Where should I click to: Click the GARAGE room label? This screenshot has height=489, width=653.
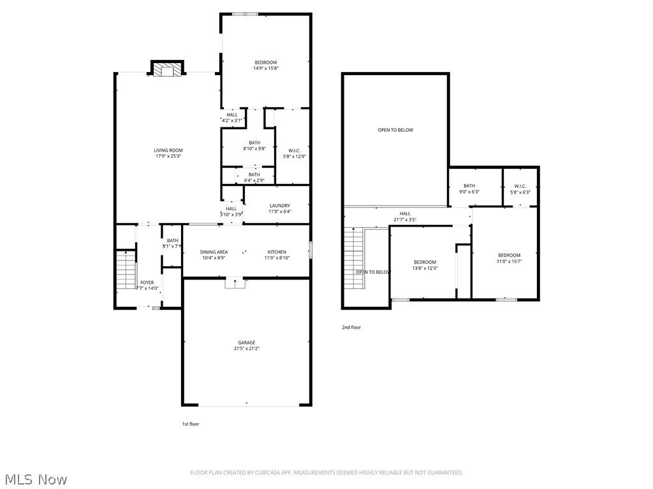(246, 343)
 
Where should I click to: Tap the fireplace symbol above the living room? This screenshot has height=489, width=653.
(167, 69)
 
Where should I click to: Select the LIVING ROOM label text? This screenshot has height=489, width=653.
(168, 150)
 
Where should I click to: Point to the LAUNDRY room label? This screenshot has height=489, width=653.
(280, 206)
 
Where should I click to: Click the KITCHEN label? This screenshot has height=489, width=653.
(277, 252)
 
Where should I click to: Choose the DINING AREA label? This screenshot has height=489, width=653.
(214, 252)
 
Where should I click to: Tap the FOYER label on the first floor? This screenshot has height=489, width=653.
(147, 282)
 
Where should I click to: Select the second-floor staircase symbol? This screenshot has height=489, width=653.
(353, 258)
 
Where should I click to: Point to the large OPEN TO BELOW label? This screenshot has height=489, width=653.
(395, 130)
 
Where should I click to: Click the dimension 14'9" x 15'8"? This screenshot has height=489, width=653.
(266, 68)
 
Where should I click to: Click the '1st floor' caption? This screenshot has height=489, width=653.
(191, 423)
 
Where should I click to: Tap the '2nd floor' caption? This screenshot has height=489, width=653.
(351, 327)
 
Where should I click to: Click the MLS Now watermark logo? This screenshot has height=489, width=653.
(35, 479)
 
